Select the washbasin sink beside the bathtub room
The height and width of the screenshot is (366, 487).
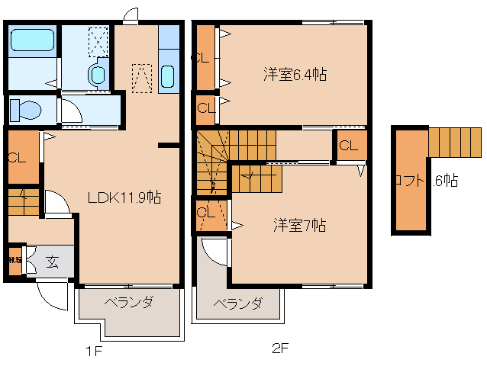[97, 75]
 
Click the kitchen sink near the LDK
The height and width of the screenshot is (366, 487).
[169, 77]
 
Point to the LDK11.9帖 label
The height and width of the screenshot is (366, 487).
[124, 197]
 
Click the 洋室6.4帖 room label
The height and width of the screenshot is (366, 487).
[295, 74]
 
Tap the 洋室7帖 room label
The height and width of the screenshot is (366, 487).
[301, 225]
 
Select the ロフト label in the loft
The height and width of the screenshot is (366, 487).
[409, 181]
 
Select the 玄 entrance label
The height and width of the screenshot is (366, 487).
[52, 262]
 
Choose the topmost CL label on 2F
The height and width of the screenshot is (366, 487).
[202, 57]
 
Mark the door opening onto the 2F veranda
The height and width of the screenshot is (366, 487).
[214, 252]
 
